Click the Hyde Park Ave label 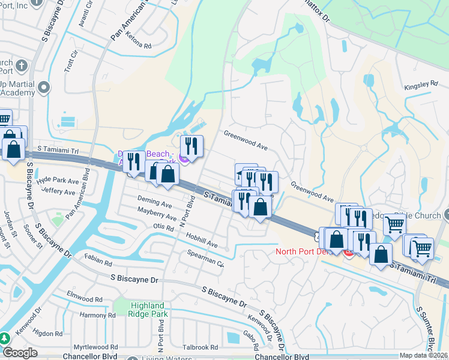pyautogui.click(x=58, y=181)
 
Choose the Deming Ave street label pyautogui.click(x=154, y=203)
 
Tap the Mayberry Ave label pyautogui.click(x=156, y=214)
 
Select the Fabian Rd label pyautogui.click(x=99, y=259)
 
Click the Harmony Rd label pyautogui.click(x=97, y=314)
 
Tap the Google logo pyautogui.click(x=20, y=352)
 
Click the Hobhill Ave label pyautogui.click(x=201, y=240)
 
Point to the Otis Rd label pyautogui.click(x=163, y=226)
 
